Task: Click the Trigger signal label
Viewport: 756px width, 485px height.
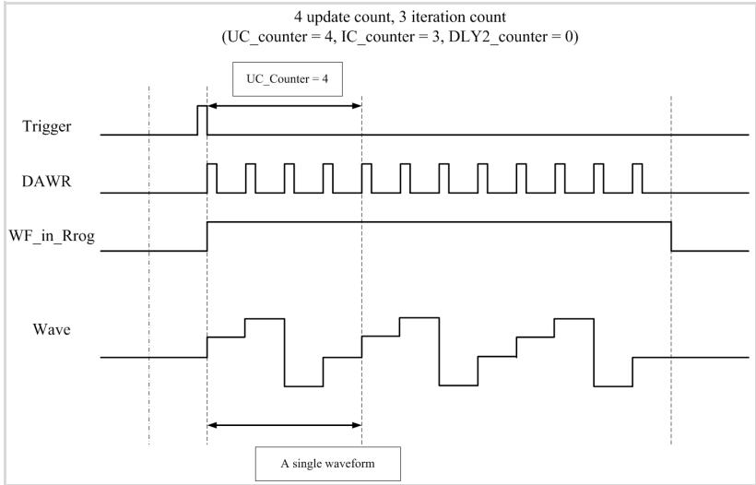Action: tap(47, 126)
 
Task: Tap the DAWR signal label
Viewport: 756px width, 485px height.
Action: tap(46, 182)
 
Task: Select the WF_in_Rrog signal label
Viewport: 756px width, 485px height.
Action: tap(52, 236)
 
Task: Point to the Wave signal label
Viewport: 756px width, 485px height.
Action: tap(52, 329)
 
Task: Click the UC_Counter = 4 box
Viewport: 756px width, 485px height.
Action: tap(288, 79)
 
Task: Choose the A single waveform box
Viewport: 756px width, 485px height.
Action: tap(328, 464)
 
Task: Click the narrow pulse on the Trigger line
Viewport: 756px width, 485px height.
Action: tap(202, 120)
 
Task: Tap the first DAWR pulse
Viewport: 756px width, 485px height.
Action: tap(212, 178)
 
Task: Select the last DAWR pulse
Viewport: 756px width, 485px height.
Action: tap(637, 178)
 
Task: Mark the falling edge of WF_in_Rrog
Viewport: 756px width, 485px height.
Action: tap(671, 236)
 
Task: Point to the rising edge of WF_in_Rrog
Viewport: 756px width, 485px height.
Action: tap(207, 236)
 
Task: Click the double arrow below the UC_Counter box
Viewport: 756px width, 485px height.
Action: tap(285, 106)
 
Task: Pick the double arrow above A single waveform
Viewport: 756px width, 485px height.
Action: tap(285, 425)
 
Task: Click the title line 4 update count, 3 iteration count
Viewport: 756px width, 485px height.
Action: tap(400, 18)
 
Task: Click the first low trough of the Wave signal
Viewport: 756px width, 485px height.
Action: tap(303, 386)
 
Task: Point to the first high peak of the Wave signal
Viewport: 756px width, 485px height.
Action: tap(265, 319)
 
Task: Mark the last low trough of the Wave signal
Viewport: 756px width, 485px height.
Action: tap(613, 386)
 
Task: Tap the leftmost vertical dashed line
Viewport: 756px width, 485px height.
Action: tap(149, 266)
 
